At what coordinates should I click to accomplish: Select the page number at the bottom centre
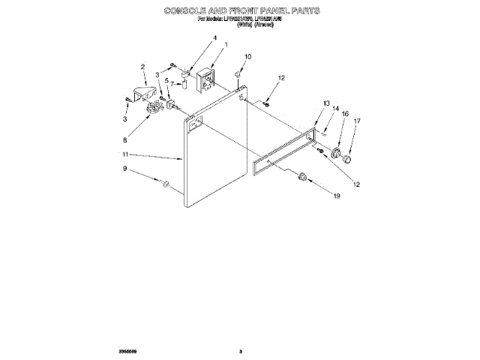[x=240, y=349]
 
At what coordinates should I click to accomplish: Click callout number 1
[x=226, y=45]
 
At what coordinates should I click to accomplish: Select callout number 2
[x=142, y=67]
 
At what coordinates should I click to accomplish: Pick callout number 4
[x=193, y=38]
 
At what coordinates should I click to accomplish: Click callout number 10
[x=248, y=57]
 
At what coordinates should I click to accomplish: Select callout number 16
[x=346, y=114]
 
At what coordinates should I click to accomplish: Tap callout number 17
[x=357, y=120]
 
